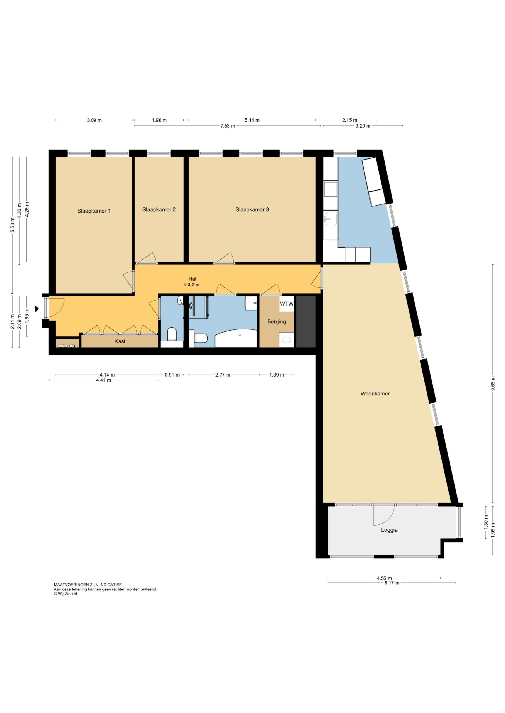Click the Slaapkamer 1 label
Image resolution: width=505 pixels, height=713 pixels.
[94, 211]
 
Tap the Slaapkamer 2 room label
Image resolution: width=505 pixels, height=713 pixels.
[159, 210]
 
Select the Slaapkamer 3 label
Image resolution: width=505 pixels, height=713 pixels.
[252, 210]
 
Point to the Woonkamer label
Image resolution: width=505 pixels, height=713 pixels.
[375, 394]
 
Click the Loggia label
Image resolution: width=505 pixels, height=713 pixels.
[389, 530]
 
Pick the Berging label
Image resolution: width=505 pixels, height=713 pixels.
[276, 322]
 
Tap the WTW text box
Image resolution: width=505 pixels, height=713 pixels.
[286, 304]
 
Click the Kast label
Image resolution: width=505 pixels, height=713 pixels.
[120, 341]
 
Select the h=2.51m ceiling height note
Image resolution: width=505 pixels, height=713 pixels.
[191, 284]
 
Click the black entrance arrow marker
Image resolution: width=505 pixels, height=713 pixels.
[37, 309]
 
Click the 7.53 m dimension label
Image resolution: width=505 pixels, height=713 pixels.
[228, 126]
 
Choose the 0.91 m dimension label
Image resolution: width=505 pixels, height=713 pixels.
[172, 375]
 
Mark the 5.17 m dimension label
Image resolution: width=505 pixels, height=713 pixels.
[392, 583]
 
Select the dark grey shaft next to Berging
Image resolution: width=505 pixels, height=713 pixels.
[306, 322]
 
